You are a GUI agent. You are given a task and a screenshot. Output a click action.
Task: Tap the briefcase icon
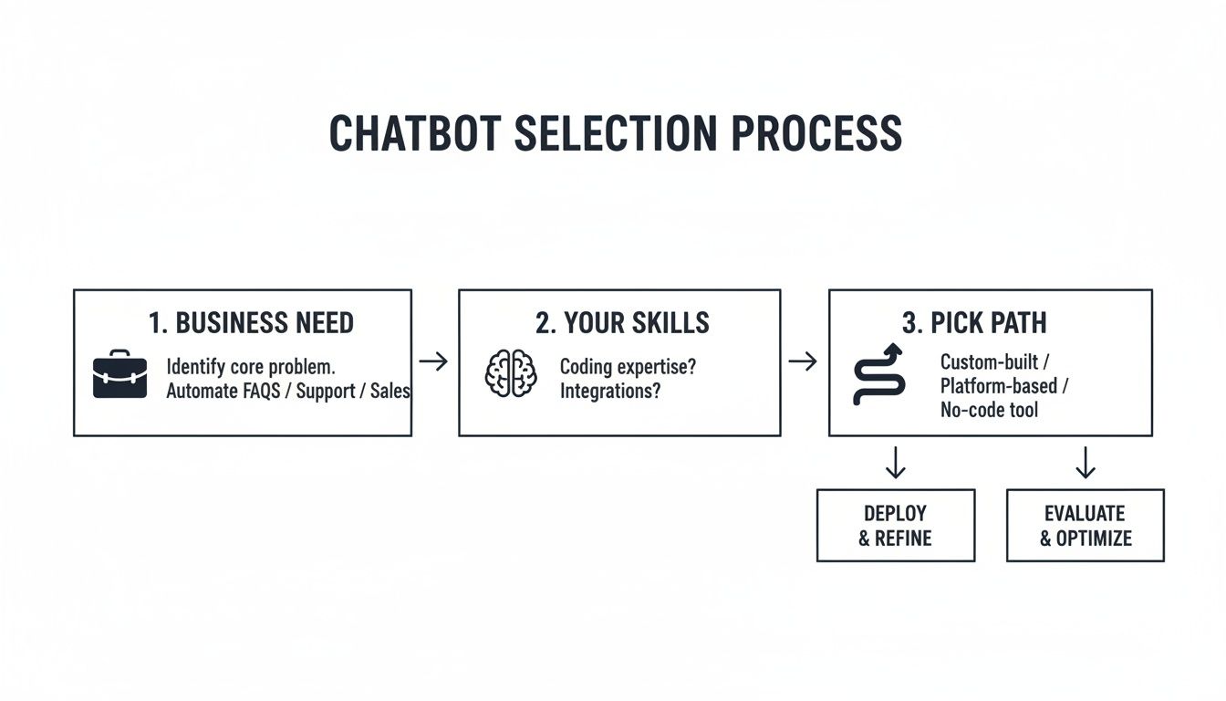pyautogui.click(x=119, y=375)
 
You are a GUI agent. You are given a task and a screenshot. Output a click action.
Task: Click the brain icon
pyautogui.click(x=511, y=374)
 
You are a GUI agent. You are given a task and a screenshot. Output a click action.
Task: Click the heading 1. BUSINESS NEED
pyautogui.click(x=251, y=323)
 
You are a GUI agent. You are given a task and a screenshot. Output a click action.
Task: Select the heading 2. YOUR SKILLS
pyautogui.click(x=622, y=323)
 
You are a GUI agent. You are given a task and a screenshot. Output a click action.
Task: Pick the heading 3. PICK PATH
pyautogui.click(x=974, y=323)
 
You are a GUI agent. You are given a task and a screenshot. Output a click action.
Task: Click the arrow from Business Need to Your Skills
pyautogui.click(x=434, y=362)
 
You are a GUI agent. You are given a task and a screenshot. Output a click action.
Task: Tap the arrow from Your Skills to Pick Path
pyautogui.click(x=803, y=362)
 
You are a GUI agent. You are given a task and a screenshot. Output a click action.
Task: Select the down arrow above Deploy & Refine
pyautogui.click(x=896, y=463)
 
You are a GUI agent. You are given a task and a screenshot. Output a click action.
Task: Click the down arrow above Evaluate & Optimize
pyautogui.click(x=1085, y=463)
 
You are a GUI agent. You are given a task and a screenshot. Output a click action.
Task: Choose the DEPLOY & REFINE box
pyautogui.click(x=895, y=526)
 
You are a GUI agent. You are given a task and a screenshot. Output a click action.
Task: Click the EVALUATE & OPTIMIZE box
pyautogui.click(x=1085, y=526)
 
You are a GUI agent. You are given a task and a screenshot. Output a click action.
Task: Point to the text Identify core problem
pyautogui.click(x=251, y=367)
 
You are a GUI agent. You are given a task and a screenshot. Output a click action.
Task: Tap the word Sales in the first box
pyautogui.click(x=390, y=392)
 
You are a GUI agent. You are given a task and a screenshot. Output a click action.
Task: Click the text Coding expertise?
pyautogui.click(x=628, y=367)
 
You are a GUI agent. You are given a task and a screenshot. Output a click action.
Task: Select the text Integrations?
pyautogui.click(x=609, y=392)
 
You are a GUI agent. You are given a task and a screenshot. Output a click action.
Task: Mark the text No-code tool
pyautogui.click(x=989, y=410)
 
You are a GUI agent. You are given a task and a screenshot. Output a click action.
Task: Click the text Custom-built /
pyautogui.click(x=995, y=361)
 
